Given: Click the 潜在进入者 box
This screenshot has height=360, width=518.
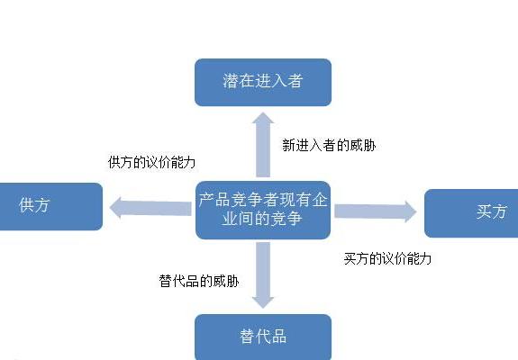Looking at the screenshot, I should pos(263,82).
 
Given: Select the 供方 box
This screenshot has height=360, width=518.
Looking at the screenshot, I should pos(50,206).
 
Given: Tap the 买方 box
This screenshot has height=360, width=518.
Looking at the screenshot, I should pos(471,212).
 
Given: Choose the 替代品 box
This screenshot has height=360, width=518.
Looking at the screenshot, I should pos(263,337).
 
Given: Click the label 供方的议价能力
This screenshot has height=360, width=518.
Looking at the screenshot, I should pos(151,163).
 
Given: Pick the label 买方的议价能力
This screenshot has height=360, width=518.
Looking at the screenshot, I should pos(388,258).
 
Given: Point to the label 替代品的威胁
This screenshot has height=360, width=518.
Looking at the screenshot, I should pos(198,281).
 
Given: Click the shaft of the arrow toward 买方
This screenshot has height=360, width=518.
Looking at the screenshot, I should pos(365,211).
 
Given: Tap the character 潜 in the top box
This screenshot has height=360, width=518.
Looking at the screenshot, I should pos(232,82).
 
